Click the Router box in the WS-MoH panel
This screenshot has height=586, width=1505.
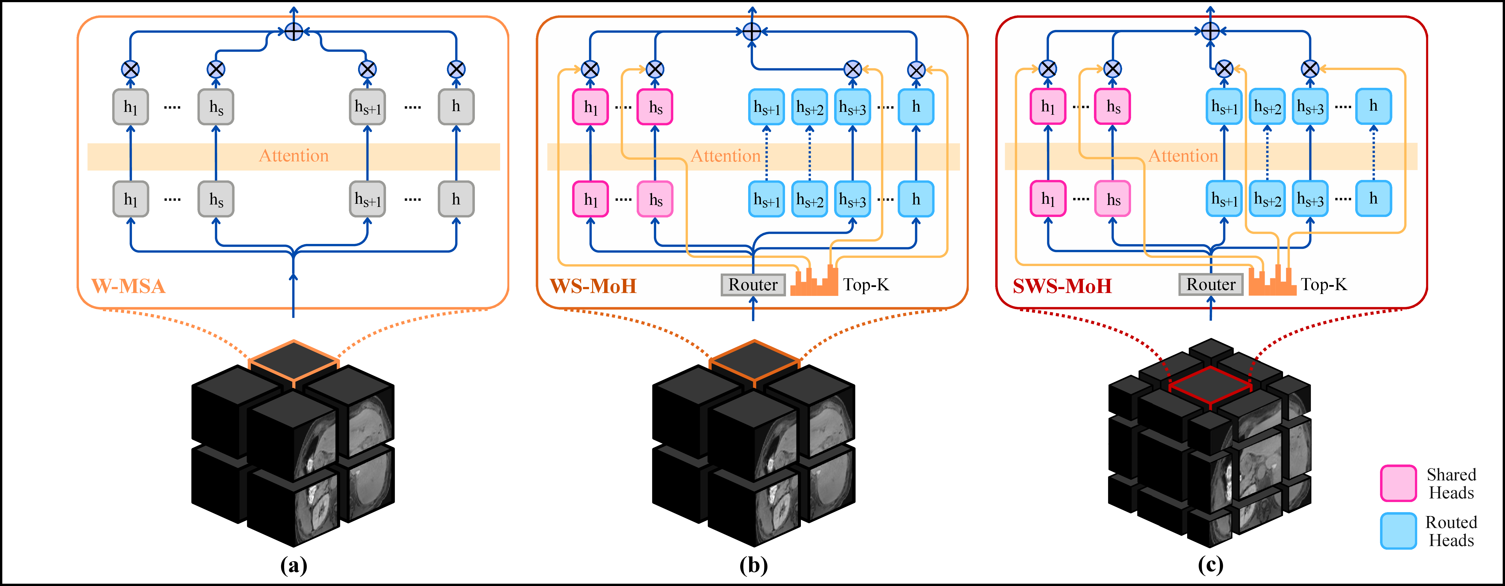point(753,285)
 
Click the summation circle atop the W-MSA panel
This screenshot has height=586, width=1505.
point(293,32)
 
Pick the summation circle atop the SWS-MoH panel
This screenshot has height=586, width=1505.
point(1211,32)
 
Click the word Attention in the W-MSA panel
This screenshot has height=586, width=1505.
point(294,156)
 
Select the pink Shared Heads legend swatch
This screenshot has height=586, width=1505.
point(1398,483)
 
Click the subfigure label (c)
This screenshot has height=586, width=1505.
point(1211,565)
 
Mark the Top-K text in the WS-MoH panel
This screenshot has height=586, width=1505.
point(866,285)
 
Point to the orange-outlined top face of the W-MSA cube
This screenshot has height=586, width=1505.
point(293,363)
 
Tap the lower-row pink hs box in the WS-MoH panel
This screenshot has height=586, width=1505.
point(655,199)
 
